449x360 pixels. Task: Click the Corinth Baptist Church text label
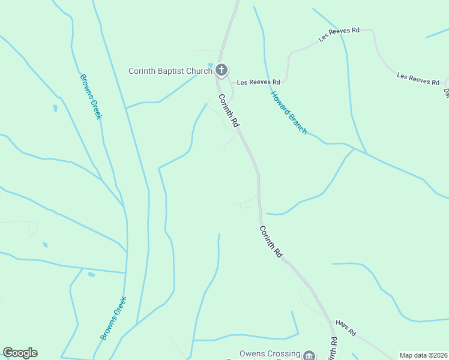click(x=170, y=71)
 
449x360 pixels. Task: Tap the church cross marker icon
click(x=221, y=71)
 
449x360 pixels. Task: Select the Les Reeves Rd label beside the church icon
click(x=258, y=82)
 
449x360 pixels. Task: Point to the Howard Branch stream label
click(x=288, y=112)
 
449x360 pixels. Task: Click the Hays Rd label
click(x=346, y=328)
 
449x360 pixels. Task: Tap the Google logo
click(x=20, y=353)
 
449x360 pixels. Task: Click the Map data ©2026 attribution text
click(x=423, y=355)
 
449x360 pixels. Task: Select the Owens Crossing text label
click(x=270, y=354)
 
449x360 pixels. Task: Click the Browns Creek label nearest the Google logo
click(x=113, y=319)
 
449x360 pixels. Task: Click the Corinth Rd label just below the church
click(x=229, y=110)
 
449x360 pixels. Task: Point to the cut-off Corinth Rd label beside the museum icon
click(x=333, y=348)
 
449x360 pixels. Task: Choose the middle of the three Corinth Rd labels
click(x=271, y=241)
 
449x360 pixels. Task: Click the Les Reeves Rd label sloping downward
click(x=418, y=78)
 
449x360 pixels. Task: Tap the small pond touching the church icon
click(x=210, y=65)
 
